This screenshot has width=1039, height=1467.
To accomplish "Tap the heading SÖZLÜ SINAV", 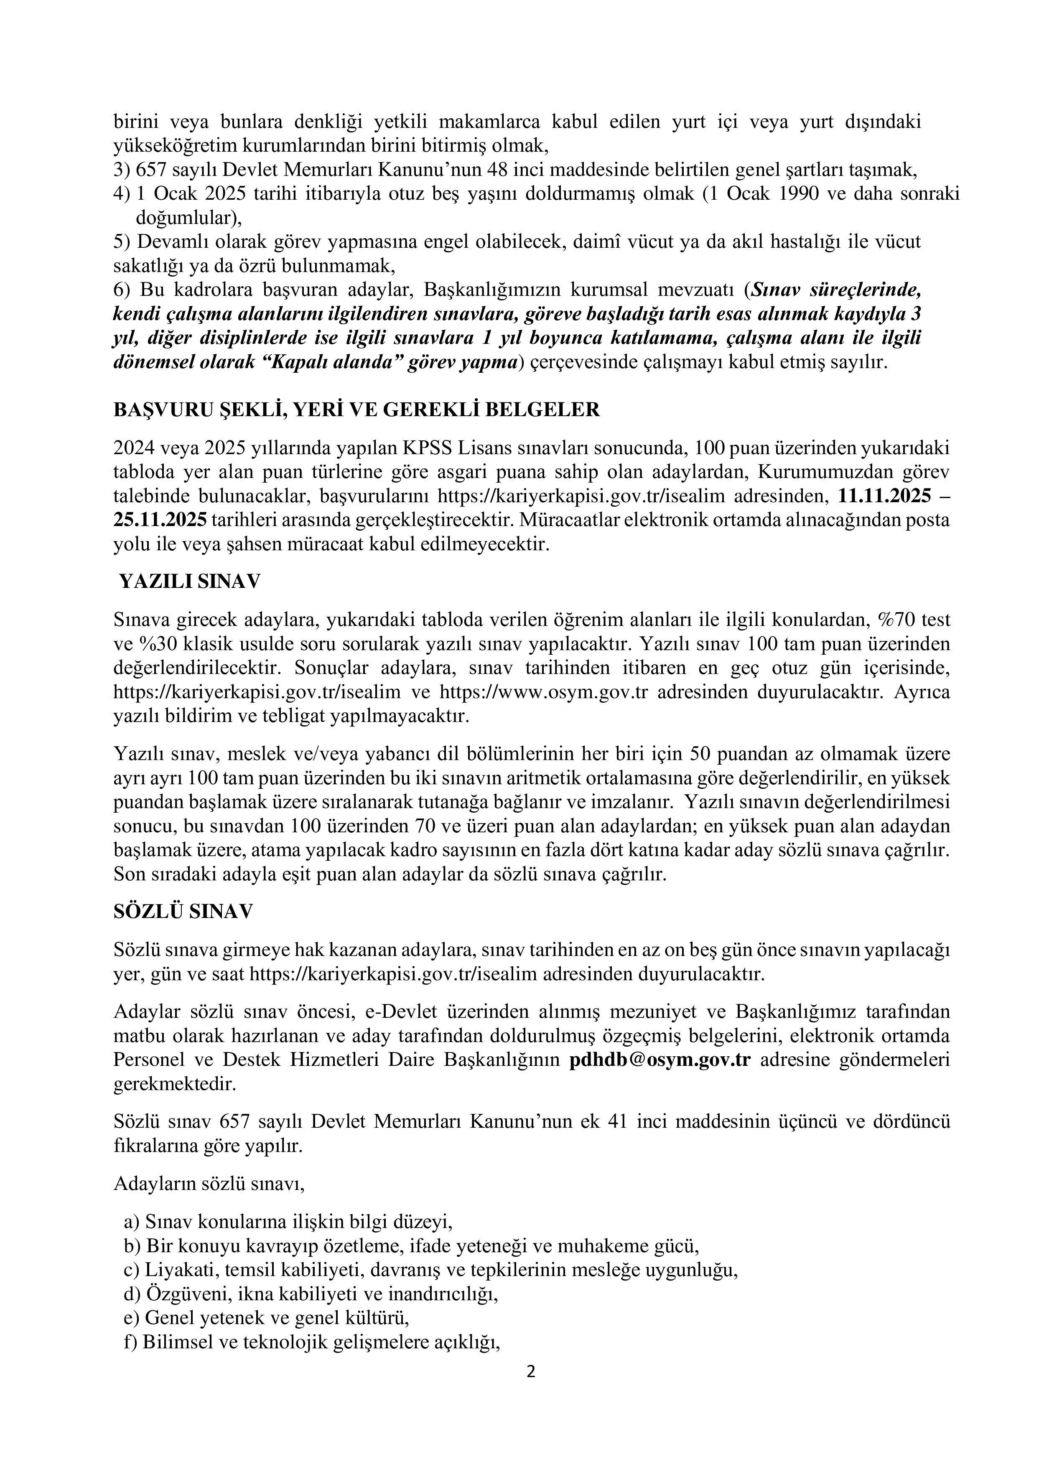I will point(183,911).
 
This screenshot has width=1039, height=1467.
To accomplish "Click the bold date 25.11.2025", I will point(160,520).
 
